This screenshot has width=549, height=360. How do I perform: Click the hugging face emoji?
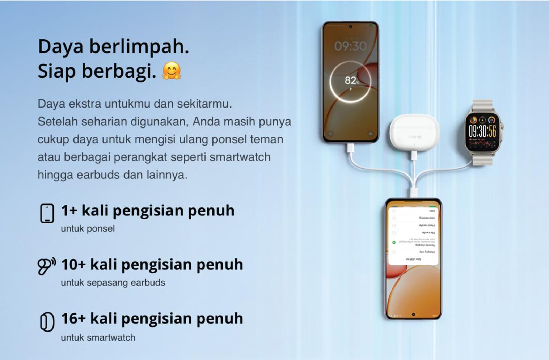[172, 71]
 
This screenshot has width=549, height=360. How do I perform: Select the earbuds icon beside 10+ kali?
[47, 266]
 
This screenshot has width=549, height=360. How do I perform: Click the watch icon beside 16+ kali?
[45, 322]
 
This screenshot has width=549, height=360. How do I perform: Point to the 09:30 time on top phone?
[350, 46]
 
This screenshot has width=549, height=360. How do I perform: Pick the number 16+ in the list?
[73, 318]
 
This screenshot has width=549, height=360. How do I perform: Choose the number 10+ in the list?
[73, 264]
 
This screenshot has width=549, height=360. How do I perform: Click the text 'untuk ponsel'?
[88, 229]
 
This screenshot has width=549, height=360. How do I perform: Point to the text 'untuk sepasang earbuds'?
[113, 283]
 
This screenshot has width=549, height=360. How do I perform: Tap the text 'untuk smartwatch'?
[98, 338]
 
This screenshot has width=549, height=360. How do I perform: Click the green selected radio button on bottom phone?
[394, 242]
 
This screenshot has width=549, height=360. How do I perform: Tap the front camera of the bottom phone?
[413, 315]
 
